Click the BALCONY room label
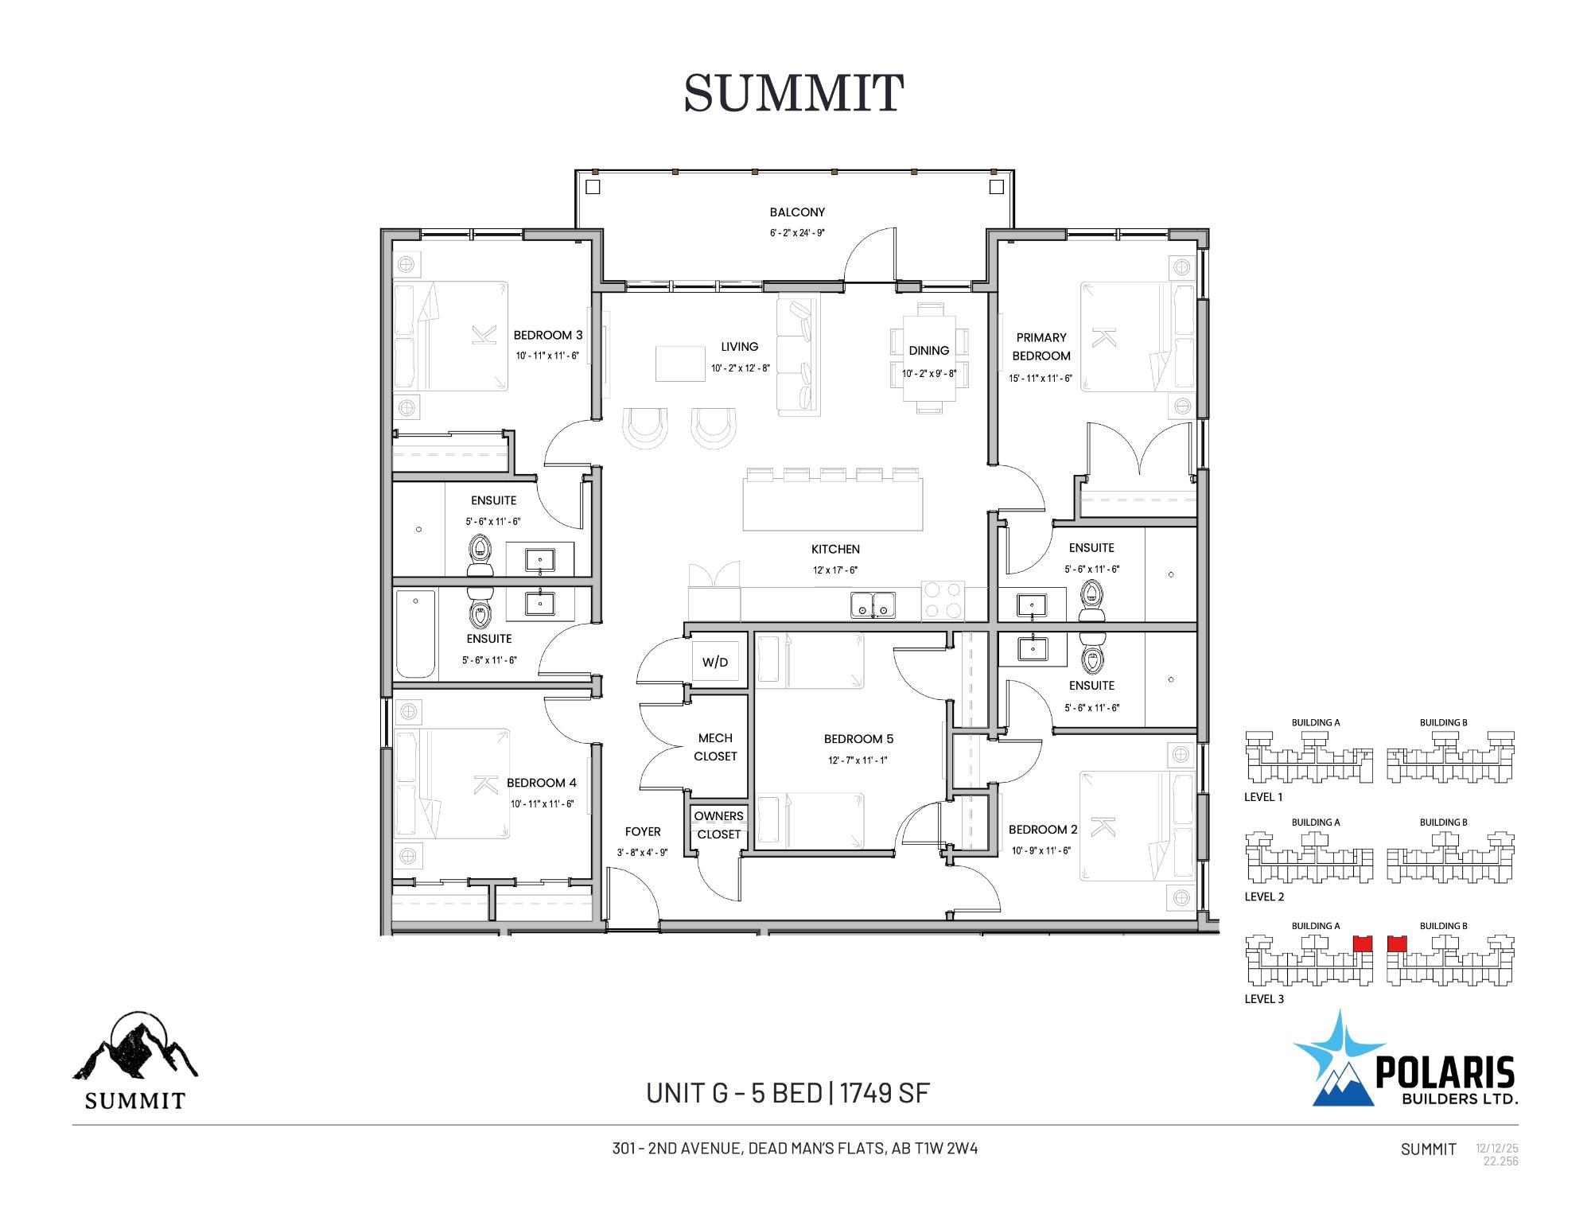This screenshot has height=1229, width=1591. click(797, 212)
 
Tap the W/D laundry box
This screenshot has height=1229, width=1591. click(714, 662)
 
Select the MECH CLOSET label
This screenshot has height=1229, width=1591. click(715, 747)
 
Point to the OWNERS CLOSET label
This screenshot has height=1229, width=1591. click(718, 825)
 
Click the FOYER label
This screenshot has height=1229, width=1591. click(643, 832)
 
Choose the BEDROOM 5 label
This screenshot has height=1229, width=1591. click(858, 739)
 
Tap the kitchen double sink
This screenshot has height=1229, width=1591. click(873, 605)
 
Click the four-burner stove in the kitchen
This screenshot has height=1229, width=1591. click(943, 601)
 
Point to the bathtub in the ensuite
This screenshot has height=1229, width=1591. click(415, 634)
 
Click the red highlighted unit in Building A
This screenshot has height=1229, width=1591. click(1363, 944)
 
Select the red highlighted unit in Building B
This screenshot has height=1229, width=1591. click(1397, 944)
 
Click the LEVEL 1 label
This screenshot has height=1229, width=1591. click(1264, 797)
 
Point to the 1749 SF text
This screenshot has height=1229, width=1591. click(885, 1093)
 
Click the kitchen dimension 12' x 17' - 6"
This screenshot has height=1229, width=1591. click(835, 570)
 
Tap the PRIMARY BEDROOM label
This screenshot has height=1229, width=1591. click(1041, 347)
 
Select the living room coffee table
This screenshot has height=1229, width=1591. click(680, 364)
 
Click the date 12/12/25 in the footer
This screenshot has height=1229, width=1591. click(1497, 1149)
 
